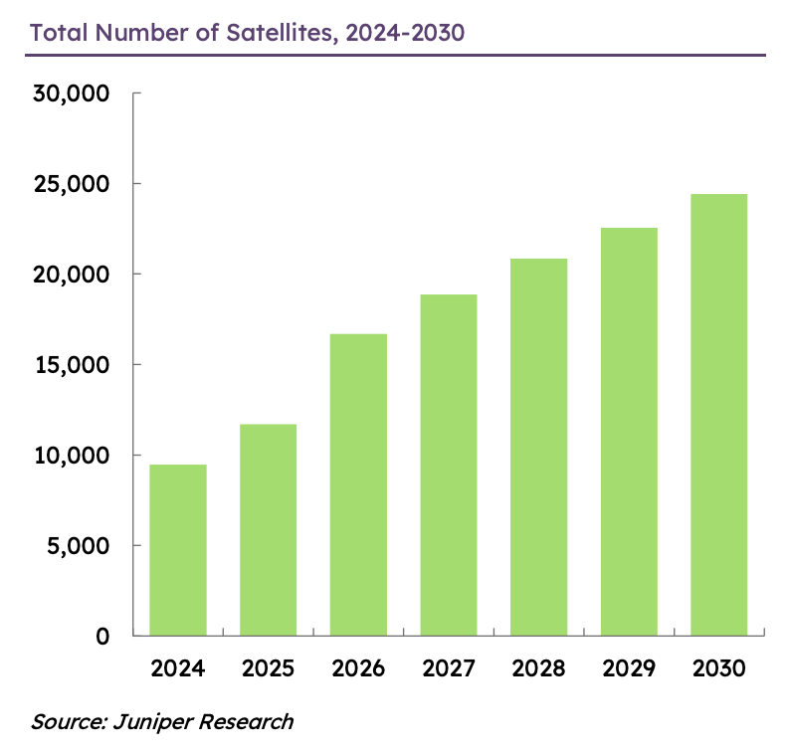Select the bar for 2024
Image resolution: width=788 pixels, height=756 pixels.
(178, 550)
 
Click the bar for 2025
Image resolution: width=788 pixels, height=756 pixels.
(268, 530)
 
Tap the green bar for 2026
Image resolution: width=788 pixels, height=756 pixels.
(358, 484)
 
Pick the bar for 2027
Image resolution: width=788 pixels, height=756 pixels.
(448, 465)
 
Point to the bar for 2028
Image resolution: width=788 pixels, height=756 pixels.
(538, 447)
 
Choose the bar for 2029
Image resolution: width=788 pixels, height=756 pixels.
(628, 432)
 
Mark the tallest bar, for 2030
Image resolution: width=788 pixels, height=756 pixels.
(718, 415)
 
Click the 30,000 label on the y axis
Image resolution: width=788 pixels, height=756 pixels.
(71, 94)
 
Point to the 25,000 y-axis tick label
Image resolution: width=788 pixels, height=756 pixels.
(71, 185)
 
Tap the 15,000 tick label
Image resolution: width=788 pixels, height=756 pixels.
(71, 365)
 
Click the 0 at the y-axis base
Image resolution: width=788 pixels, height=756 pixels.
(103, 636)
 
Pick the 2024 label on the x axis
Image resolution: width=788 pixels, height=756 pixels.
(178, 668)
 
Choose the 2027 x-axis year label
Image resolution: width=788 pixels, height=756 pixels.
(448, 668)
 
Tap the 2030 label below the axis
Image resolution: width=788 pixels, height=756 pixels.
(718, 668)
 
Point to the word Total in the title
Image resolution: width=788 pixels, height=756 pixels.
(58, 32)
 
